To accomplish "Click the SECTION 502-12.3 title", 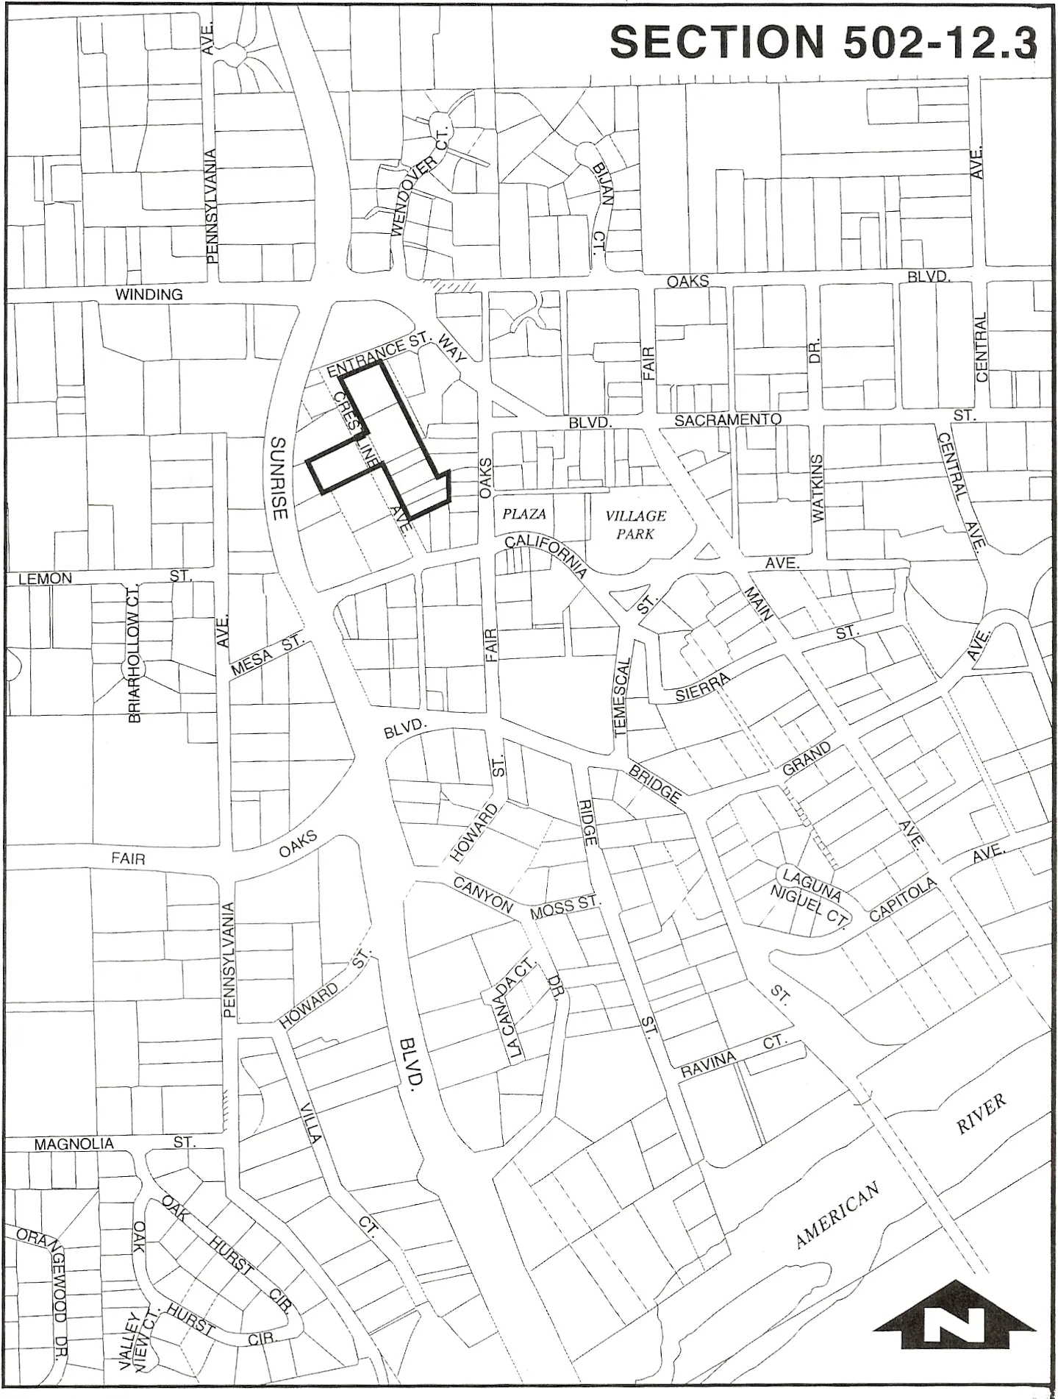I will (x=823, y=42).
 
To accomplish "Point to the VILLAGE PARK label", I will (x=635, y=525).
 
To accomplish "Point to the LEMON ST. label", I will (x=103, y=577).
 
